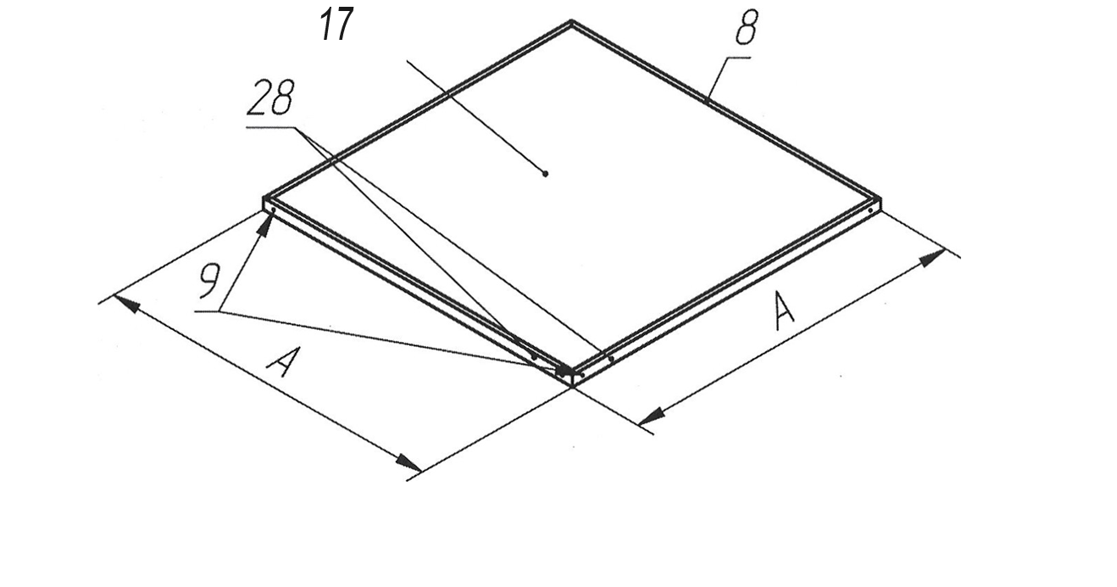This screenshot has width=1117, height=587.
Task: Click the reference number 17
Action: tap(336, 25)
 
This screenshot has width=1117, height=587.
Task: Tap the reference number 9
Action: tap(208, 282)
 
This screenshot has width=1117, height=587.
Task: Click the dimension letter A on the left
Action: tap(282, 362)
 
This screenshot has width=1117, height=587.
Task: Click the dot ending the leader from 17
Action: tap(545, 174)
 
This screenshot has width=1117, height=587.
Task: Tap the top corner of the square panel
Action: tap(572, 22)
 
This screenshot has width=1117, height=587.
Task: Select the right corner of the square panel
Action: tap(881, 201)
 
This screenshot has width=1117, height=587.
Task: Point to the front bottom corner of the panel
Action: tap(574, 386)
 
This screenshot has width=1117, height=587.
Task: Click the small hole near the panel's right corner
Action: tap(870, 210)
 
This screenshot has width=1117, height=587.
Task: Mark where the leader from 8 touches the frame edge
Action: tap(708, 100)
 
